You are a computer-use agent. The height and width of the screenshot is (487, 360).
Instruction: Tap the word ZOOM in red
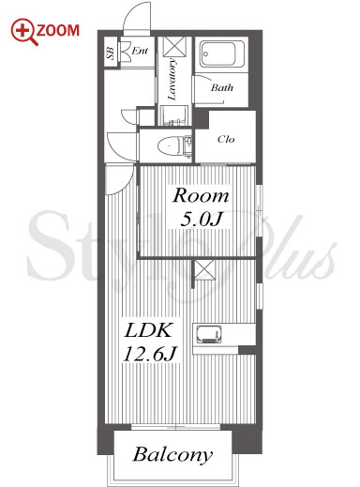click(58, 31)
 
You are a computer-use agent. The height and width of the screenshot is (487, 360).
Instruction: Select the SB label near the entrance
click(111, 53)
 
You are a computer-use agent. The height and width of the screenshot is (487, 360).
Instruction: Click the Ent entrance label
click(140, 51)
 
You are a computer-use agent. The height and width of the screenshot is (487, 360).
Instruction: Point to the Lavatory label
click(172, 80)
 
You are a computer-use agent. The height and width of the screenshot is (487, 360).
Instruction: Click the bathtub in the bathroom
click(222, 54)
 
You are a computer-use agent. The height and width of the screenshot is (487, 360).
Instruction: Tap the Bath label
click(222, 87)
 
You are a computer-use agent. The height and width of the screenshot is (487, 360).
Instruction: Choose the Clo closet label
click(226, 139)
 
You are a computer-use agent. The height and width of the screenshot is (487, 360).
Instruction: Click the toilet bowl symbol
click(170, 146)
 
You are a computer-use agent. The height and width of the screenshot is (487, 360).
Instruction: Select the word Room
click(201, 196)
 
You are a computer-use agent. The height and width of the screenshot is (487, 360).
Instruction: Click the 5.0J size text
click(201, 220)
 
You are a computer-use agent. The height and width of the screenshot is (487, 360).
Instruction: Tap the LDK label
click(148, 330)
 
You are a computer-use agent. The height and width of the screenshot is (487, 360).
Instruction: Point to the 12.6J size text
click(150, 354)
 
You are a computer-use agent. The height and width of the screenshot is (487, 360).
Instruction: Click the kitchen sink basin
click(208, 334)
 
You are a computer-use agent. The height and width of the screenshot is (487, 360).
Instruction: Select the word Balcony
click(172, 455)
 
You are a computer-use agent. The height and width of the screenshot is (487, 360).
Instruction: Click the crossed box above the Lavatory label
click(174, 47)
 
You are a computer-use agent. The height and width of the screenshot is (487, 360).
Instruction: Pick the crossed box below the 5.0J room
click(205, 270)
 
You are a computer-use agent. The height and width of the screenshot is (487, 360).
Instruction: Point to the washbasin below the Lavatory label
click(174, 115)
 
